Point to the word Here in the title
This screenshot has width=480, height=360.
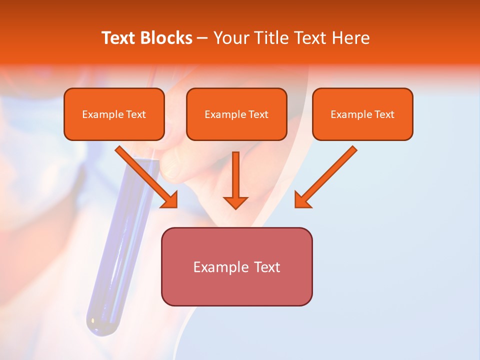(350, 38)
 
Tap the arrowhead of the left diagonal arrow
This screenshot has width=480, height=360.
(170, 200)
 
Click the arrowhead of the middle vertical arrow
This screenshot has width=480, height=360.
(235, 202)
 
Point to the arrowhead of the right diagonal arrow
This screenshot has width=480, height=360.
(302, 200)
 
